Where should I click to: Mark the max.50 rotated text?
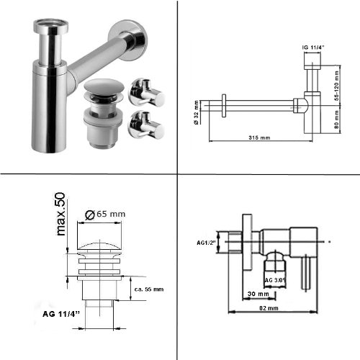click(61, 215)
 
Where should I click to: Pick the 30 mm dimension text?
click(258, 294)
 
